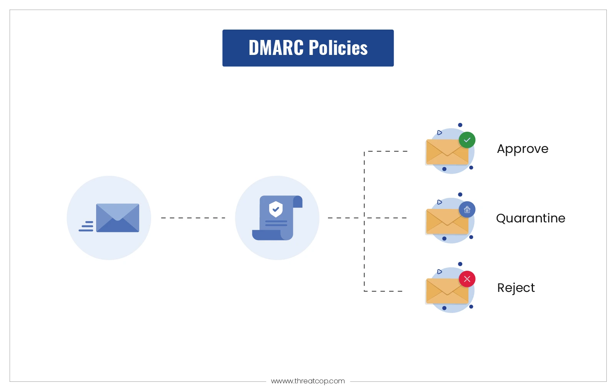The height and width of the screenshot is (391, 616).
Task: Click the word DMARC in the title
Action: coord(276,48)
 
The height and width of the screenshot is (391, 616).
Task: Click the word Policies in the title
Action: coord(338,48)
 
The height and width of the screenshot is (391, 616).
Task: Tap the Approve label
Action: coord(523,149)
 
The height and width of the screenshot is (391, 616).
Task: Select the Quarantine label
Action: coord(531,219)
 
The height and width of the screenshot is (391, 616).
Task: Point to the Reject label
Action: coord(516,288)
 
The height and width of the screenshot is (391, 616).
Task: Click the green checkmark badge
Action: coord(467,140)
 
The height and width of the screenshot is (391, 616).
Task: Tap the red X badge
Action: coord(467,279)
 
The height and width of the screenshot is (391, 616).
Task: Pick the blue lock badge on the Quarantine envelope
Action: coord(467,210)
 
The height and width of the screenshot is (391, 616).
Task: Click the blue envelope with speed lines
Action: coord(117,218)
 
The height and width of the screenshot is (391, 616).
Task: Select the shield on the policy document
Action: coord(276,209)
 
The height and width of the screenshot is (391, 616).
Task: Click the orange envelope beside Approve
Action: coord(447,152)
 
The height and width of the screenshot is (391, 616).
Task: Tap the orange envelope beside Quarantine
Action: coord(447,222)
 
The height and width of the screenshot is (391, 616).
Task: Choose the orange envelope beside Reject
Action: coord(447,291)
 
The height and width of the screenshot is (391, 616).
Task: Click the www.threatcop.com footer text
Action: coord(308,381)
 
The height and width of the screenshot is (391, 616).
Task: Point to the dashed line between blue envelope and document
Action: coord(193,218)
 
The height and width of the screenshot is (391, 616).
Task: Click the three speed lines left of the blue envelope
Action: coord(86,226)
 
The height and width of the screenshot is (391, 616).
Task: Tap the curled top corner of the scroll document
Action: coord(298,202)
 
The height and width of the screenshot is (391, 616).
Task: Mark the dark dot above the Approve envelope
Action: coord(460,125)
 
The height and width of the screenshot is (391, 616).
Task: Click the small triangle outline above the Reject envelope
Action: coord(440,272)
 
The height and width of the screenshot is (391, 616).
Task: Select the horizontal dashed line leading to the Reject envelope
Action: coord(383,291)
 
